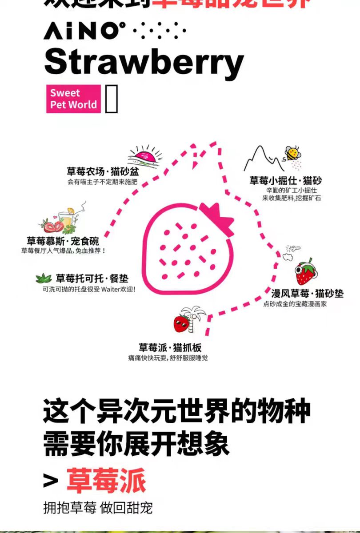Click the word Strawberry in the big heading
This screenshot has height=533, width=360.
click(144, 62)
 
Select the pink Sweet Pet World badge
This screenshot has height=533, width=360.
click(73, 99)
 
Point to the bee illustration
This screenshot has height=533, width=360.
click(292, 154)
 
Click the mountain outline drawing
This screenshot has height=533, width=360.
click(262, 160)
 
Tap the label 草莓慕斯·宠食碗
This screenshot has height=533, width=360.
click(63, 241)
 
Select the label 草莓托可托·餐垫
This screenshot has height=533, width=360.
click(92, 278)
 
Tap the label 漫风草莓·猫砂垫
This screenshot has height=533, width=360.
click(307, 294)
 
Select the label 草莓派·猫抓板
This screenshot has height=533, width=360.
click(170, 347)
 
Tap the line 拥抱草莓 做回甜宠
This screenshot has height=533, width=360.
click(98, 508)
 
